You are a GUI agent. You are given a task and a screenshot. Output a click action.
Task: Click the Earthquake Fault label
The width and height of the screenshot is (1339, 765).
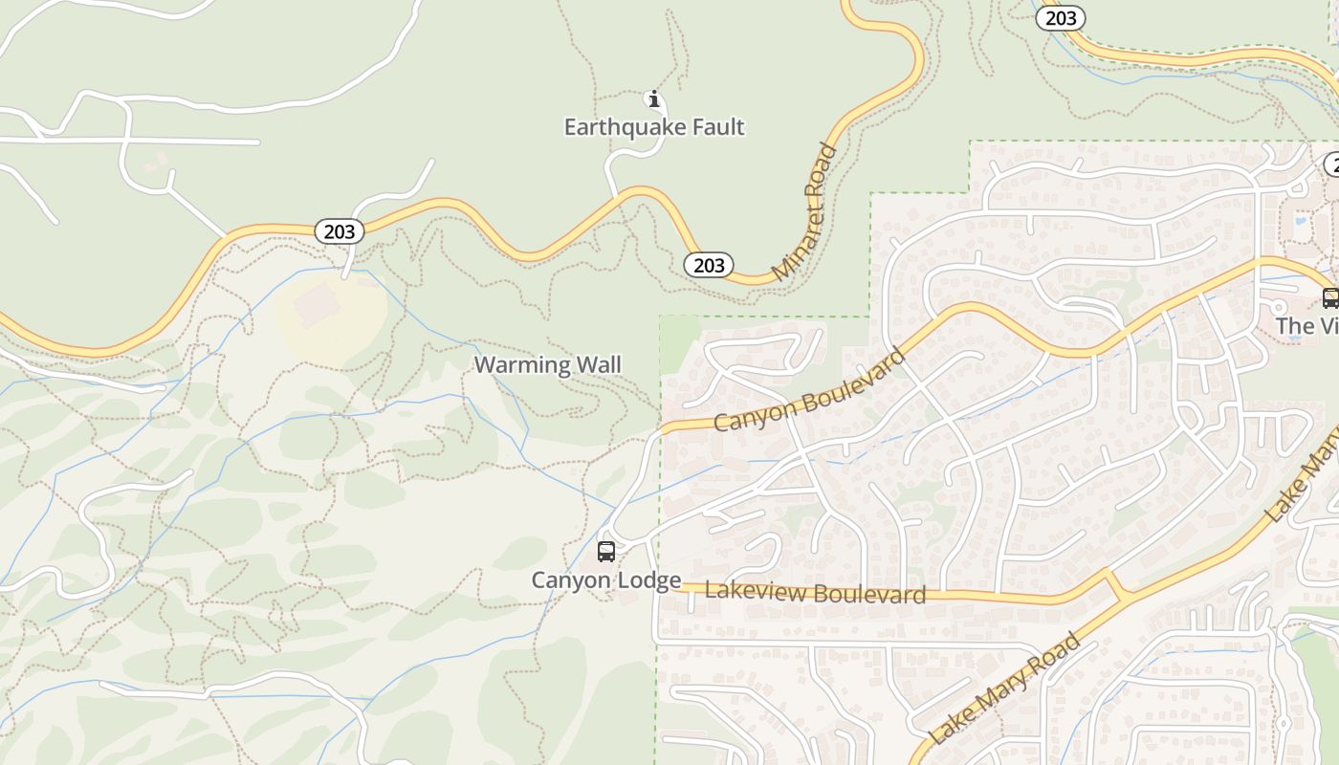(x=653, y=127)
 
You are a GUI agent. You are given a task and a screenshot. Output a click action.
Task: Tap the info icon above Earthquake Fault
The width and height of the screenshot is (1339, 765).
(x=654, y=98)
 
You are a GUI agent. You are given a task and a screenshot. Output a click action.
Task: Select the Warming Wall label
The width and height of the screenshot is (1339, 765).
(x=547, y=364)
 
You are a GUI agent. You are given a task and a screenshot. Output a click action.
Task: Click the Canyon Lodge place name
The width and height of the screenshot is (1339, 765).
(x=606, y=579)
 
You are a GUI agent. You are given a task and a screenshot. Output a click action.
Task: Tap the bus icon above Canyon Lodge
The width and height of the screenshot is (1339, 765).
(x=606, y=552)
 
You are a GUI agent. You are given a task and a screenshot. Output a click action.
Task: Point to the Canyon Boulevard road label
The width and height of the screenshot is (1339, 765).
(x=810, y=390)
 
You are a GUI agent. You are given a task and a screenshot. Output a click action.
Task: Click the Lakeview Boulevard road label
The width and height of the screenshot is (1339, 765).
(x=815, y=593)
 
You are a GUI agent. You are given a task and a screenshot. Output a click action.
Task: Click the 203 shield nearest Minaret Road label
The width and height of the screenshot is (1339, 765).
(x=709, y=265)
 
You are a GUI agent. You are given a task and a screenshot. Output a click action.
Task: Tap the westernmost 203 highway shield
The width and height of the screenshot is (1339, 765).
(x=339, y=231)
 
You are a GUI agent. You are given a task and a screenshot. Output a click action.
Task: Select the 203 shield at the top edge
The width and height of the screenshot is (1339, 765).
(x=1061, y=17)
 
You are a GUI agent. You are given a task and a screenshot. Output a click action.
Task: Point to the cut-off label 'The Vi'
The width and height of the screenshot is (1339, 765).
(x=1306, y=326)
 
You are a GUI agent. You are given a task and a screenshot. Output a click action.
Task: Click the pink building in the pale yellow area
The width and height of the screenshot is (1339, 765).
(x=316, y=305)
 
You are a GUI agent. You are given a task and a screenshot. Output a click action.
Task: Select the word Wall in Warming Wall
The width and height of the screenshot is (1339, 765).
(x=600, y=364)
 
